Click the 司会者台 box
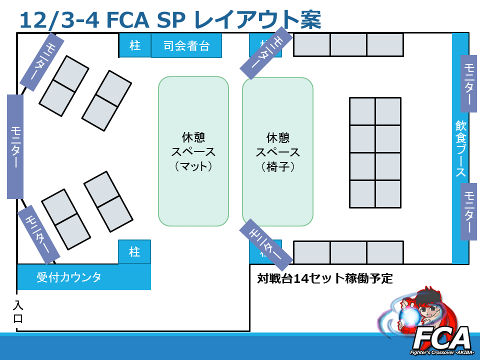point(186,46)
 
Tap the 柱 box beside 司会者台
point(135,45)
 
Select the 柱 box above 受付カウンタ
point(134,251)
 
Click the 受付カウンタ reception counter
point(83,277)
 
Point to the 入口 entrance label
point(18,311)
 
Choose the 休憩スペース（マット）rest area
point(193,151)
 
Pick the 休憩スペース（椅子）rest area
point(277,151)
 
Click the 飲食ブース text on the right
point(460,148)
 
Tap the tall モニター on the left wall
point(15,146)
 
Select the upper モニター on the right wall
point(469,84)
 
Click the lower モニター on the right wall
point(469,211)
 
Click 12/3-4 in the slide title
point(54,19)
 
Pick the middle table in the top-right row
point(348,45)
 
